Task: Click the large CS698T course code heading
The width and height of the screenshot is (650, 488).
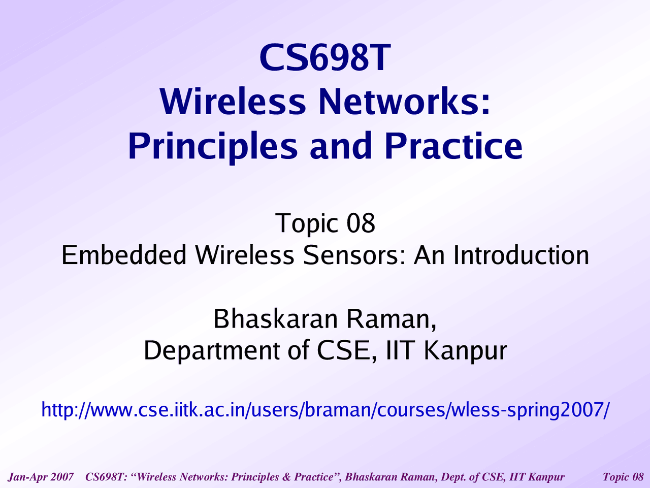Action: point(325,57)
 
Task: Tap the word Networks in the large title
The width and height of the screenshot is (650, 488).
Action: point(405,101)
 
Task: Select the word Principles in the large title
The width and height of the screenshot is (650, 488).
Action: point(213,147)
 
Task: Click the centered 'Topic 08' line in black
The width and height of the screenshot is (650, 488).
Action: point(325,223)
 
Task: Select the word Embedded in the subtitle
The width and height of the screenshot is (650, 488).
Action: point(124,255)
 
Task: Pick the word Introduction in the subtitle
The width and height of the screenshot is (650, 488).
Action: point(521,255)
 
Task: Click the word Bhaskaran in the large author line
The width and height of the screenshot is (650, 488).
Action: point(275,319)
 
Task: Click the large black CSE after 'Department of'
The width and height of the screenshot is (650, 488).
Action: point(346,351)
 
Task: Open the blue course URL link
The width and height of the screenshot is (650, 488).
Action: point(325,410)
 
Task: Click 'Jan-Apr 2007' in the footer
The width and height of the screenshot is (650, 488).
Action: point(41,477)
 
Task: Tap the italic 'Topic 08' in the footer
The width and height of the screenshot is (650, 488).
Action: point(623,477)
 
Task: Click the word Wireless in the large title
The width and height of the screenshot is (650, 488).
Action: point(233,101)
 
